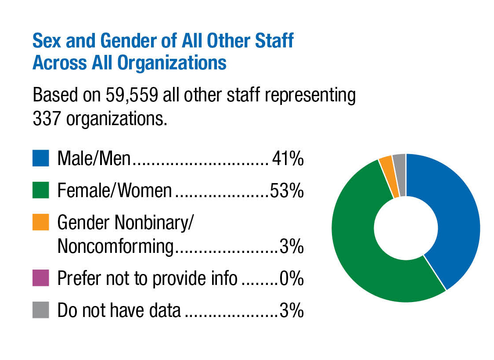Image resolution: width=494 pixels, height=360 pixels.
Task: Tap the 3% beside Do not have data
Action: pos(292,310)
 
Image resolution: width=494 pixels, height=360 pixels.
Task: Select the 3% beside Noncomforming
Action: pos(292,247)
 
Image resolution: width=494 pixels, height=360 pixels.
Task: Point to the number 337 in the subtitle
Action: pos(47,118)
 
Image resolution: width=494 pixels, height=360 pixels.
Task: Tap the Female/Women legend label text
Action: pos(115,191)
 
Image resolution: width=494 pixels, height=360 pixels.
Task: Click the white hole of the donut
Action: pos(406,228)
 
